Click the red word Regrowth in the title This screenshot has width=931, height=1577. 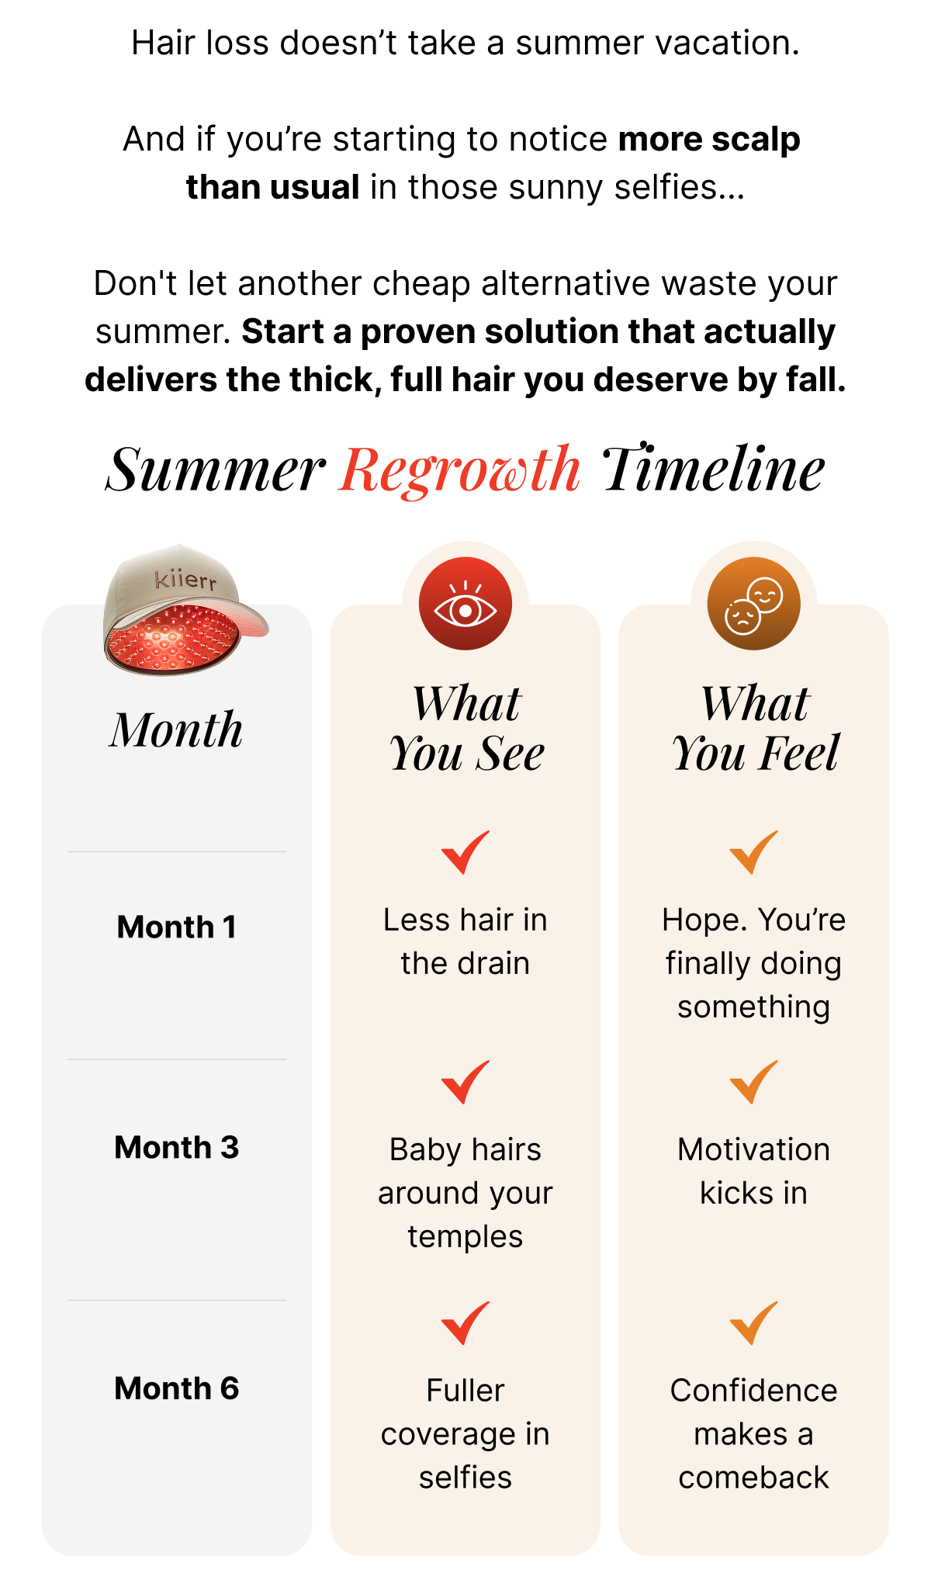pyautogui.click(x=460, y=470)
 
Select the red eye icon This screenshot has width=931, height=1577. pyautogui.click(x=465, y=605)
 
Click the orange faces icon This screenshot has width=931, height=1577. pyautogui.click(x=753, y=605)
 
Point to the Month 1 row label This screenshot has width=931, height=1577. pyautogui.click(x=177, y=927)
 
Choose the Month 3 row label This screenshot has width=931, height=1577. pyautogui.click(x=177, y=1147)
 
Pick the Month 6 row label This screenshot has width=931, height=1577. pyautogui.click(x=177, y=1388)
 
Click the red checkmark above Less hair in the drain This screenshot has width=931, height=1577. pyautogui.click(x=465, y=851)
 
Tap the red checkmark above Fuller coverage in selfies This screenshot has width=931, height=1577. pyautogui.click(x=465, y=1322)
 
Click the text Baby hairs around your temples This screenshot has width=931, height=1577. pyautogui.click(x=465, y=1193)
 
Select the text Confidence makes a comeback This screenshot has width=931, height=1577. pyautogui.click(x=753, y=1434)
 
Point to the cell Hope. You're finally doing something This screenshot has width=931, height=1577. pyautogui.click(x=753, y=963)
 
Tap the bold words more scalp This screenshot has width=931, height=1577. pyautogui.click(x=709, y=140)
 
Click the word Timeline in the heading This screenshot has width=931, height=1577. pyautogui.click(x=713, y=470)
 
